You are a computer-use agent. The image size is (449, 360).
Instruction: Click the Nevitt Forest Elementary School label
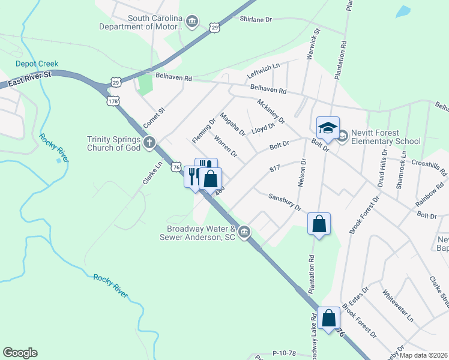click(x=385, y=137)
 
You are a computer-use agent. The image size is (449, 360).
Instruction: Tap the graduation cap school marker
click(x=328, y=128)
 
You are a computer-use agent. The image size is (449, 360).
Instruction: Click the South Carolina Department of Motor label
click(x=142, y=23)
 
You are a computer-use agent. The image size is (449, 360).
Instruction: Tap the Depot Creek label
click(x=37, y=64)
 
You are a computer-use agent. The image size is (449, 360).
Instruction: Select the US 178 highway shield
click(x=112, y=101)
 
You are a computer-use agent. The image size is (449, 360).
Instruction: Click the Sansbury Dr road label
click(x=285, y=202)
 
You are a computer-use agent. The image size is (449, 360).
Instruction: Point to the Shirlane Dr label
click(x=256, y=20)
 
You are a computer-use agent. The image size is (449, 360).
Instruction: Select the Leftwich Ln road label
click(x=264, y=72)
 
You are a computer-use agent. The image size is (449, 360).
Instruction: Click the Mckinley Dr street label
click(x=271, y=112)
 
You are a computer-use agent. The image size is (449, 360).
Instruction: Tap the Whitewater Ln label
click(x=398, y=306)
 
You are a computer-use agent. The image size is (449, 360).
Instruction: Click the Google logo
click(x=20, y=353)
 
